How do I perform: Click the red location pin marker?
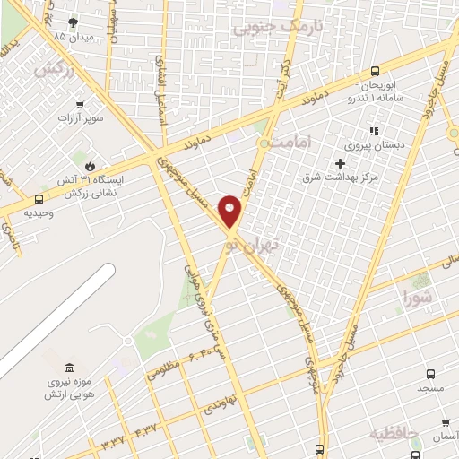click(230, 211)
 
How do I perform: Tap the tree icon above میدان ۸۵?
click(73, 22)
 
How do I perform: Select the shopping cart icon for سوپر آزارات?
click(82, 103)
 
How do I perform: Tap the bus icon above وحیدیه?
click(39, 199)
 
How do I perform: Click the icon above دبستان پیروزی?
click(374, 131)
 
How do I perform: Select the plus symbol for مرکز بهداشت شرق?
click(339, 163)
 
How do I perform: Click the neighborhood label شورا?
click(418, 294)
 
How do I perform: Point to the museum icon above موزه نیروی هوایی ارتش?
click(70, 368)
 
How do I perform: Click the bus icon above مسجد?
click(430, 374)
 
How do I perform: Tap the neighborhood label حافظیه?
click(394, 434)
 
